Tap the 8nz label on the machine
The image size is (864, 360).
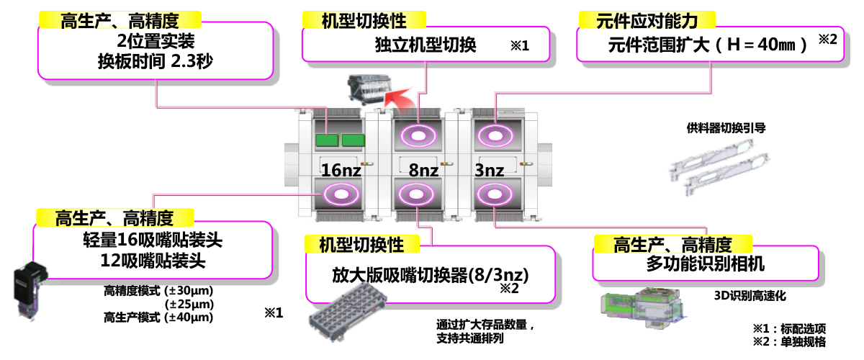click(423, 171)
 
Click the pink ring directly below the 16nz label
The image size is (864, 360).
click(337, 193)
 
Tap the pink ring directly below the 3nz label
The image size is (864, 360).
click(493, 194)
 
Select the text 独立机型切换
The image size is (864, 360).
click(426, 45)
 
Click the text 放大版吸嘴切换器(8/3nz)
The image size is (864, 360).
click(431, 274)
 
